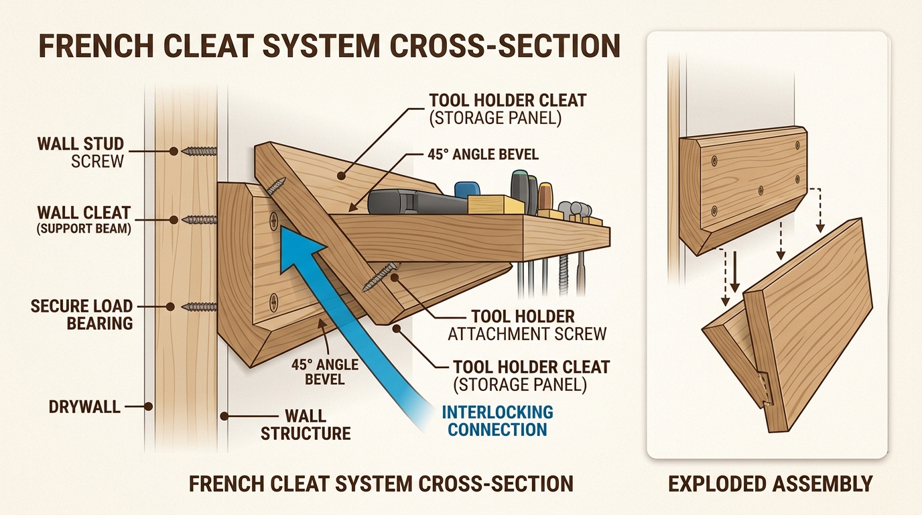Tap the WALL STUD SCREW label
click(x=80, y=152)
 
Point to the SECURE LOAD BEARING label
click(x=82, y=314)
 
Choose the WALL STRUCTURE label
click(x=306, y=424)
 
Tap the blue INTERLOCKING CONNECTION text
click(x=497, y=420)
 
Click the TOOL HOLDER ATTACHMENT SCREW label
click(x=529, y=325)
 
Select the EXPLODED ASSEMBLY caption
click(x=770, y=483)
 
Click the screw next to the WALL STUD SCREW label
click(x=199, y=152)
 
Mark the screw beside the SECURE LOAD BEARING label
click(x=199, y=307)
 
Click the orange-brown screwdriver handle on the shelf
click(x=544, y=195)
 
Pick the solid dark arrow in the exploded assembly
click(x=734, y=272)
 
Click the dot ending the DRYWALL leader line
click(x=149, y=406)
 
